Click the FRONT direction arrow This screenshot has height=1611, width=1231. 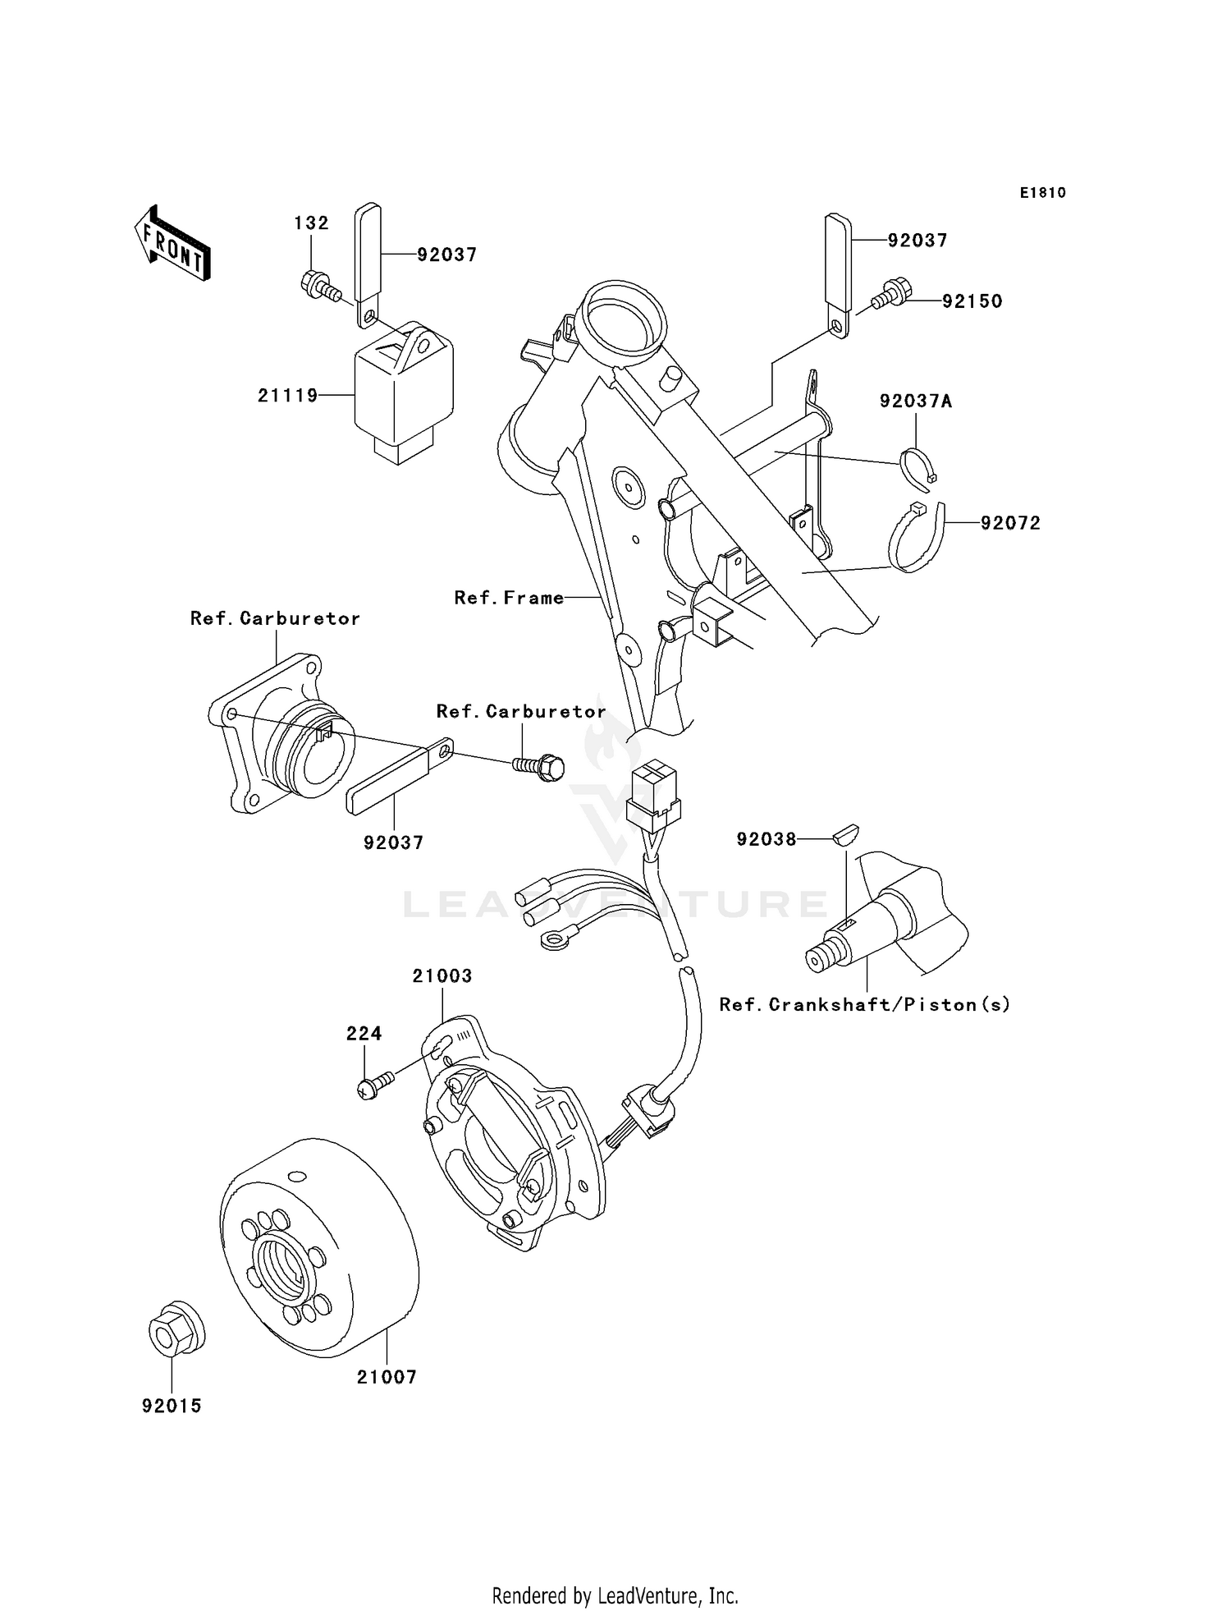point(172,244)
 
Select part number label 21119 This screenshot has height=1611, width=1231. point(287,396)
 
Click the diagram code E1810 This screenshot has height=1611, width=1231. point(1042,193)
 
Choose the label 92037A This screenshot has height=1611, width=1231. point(916,402)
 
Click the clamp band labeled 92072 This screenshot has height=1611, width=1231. point(918,538)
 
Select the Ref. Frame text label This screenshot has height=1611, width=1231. point(509,598)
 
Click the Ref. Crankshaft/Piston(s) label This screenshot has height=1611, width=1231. point(864,1004)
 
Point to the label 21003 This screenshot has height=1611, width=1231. point(442,976)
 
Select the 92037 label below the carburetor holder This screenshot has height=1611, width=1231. point(394,842)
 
